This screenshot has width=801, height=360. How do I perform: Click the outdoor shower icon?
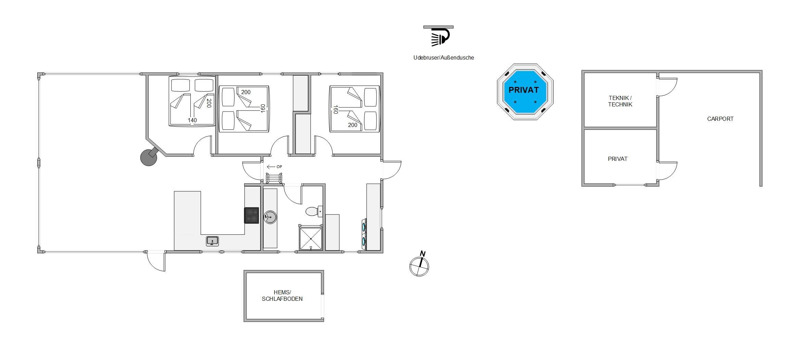pos(438,36)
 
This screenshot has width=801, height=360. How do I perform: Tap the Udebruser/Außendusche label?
pos(444,57)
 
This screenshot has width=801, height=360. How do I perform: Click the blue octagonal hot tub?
pos(525,92)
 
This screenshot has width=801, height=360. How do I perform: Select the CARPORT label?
pos(720,119)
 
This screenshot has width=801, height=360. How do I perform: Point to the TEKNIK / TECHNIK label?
pos(620,101)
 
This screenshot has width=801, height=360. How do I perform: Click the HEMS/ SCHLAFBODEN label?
pos(282,296)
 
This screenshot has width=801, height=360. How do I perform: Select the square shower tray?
pos(311,238)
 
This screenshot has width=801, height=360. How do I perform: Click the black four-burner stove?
pos(252,215)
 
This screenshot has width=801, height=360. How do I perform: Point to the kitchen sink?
pos(212,241)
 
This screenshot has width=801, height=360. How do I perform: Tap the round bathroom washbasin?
pos(270,217)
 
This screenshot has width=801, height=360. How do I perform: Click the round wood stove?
pos(149,157)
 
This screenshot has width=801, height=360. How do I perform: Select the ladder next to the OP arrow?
pos(274,178)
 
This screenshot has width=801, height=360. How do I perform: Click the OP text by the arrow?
pos(279,167)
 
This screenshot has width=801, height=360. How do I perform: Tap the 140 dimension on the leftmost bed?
pos(192,120)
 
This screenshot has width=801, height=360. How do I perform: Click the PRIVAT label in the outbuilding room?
pos(618,159)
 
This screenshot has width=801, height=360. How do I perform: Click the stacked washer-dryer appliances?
pos(364,234)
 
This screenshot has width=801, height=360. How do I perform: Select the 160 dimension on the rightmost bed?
pos(335,110)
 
